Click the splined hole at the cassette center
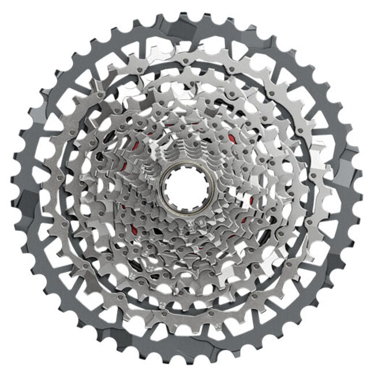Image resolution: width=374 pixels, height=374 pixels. tap(184, 186)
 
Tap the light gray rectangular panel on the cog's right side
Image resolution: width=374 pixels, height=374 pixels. tap(345, 173)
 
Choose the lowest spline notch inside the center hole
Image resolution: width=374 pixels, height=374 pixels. tap(184, 204)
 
